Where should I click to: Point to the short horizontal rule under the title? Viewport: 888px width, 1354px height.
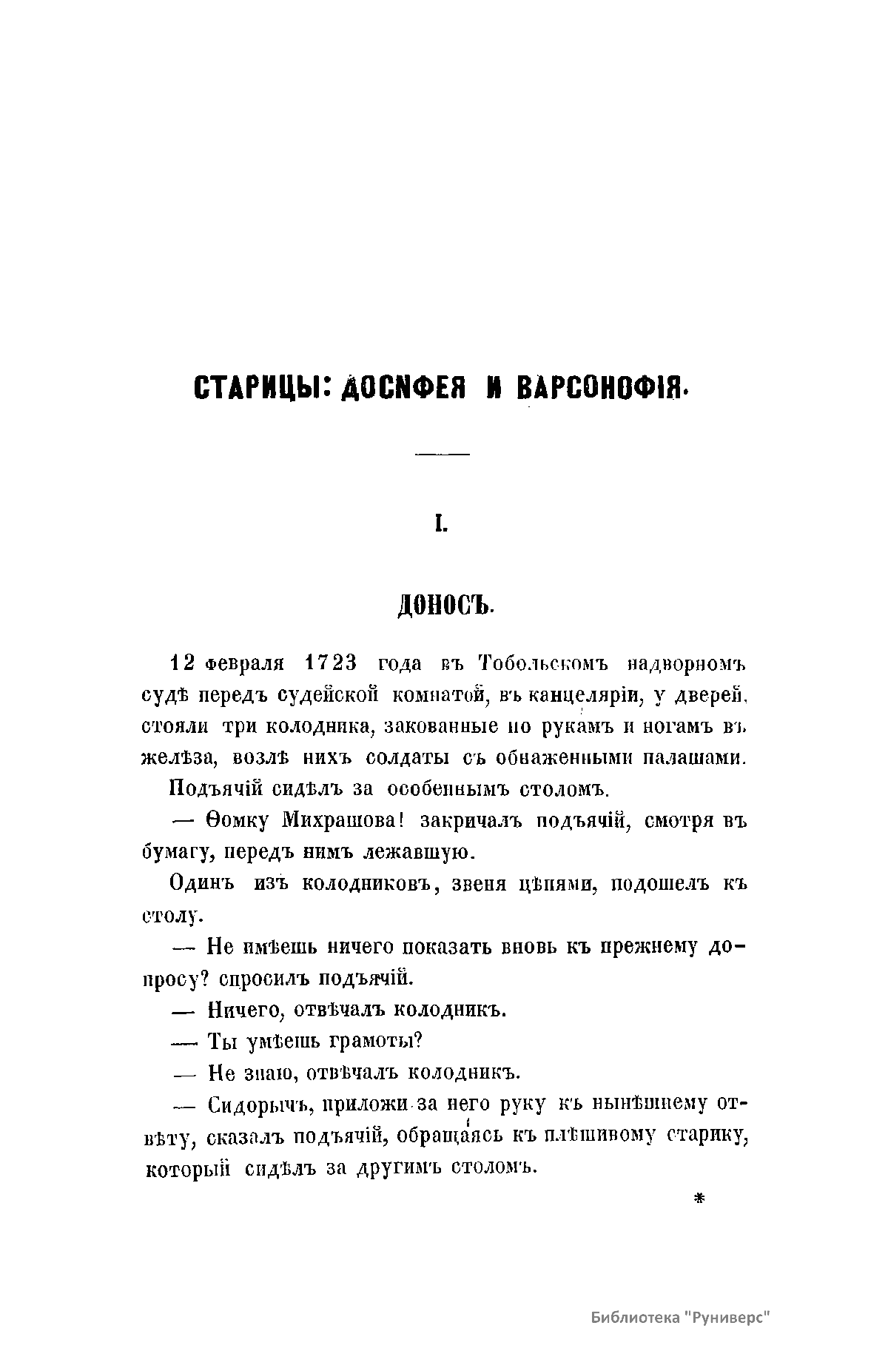click(x=443, y=452)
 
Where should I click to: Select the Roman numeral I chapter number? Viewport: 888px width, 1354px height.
click(x=442, y=526)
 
